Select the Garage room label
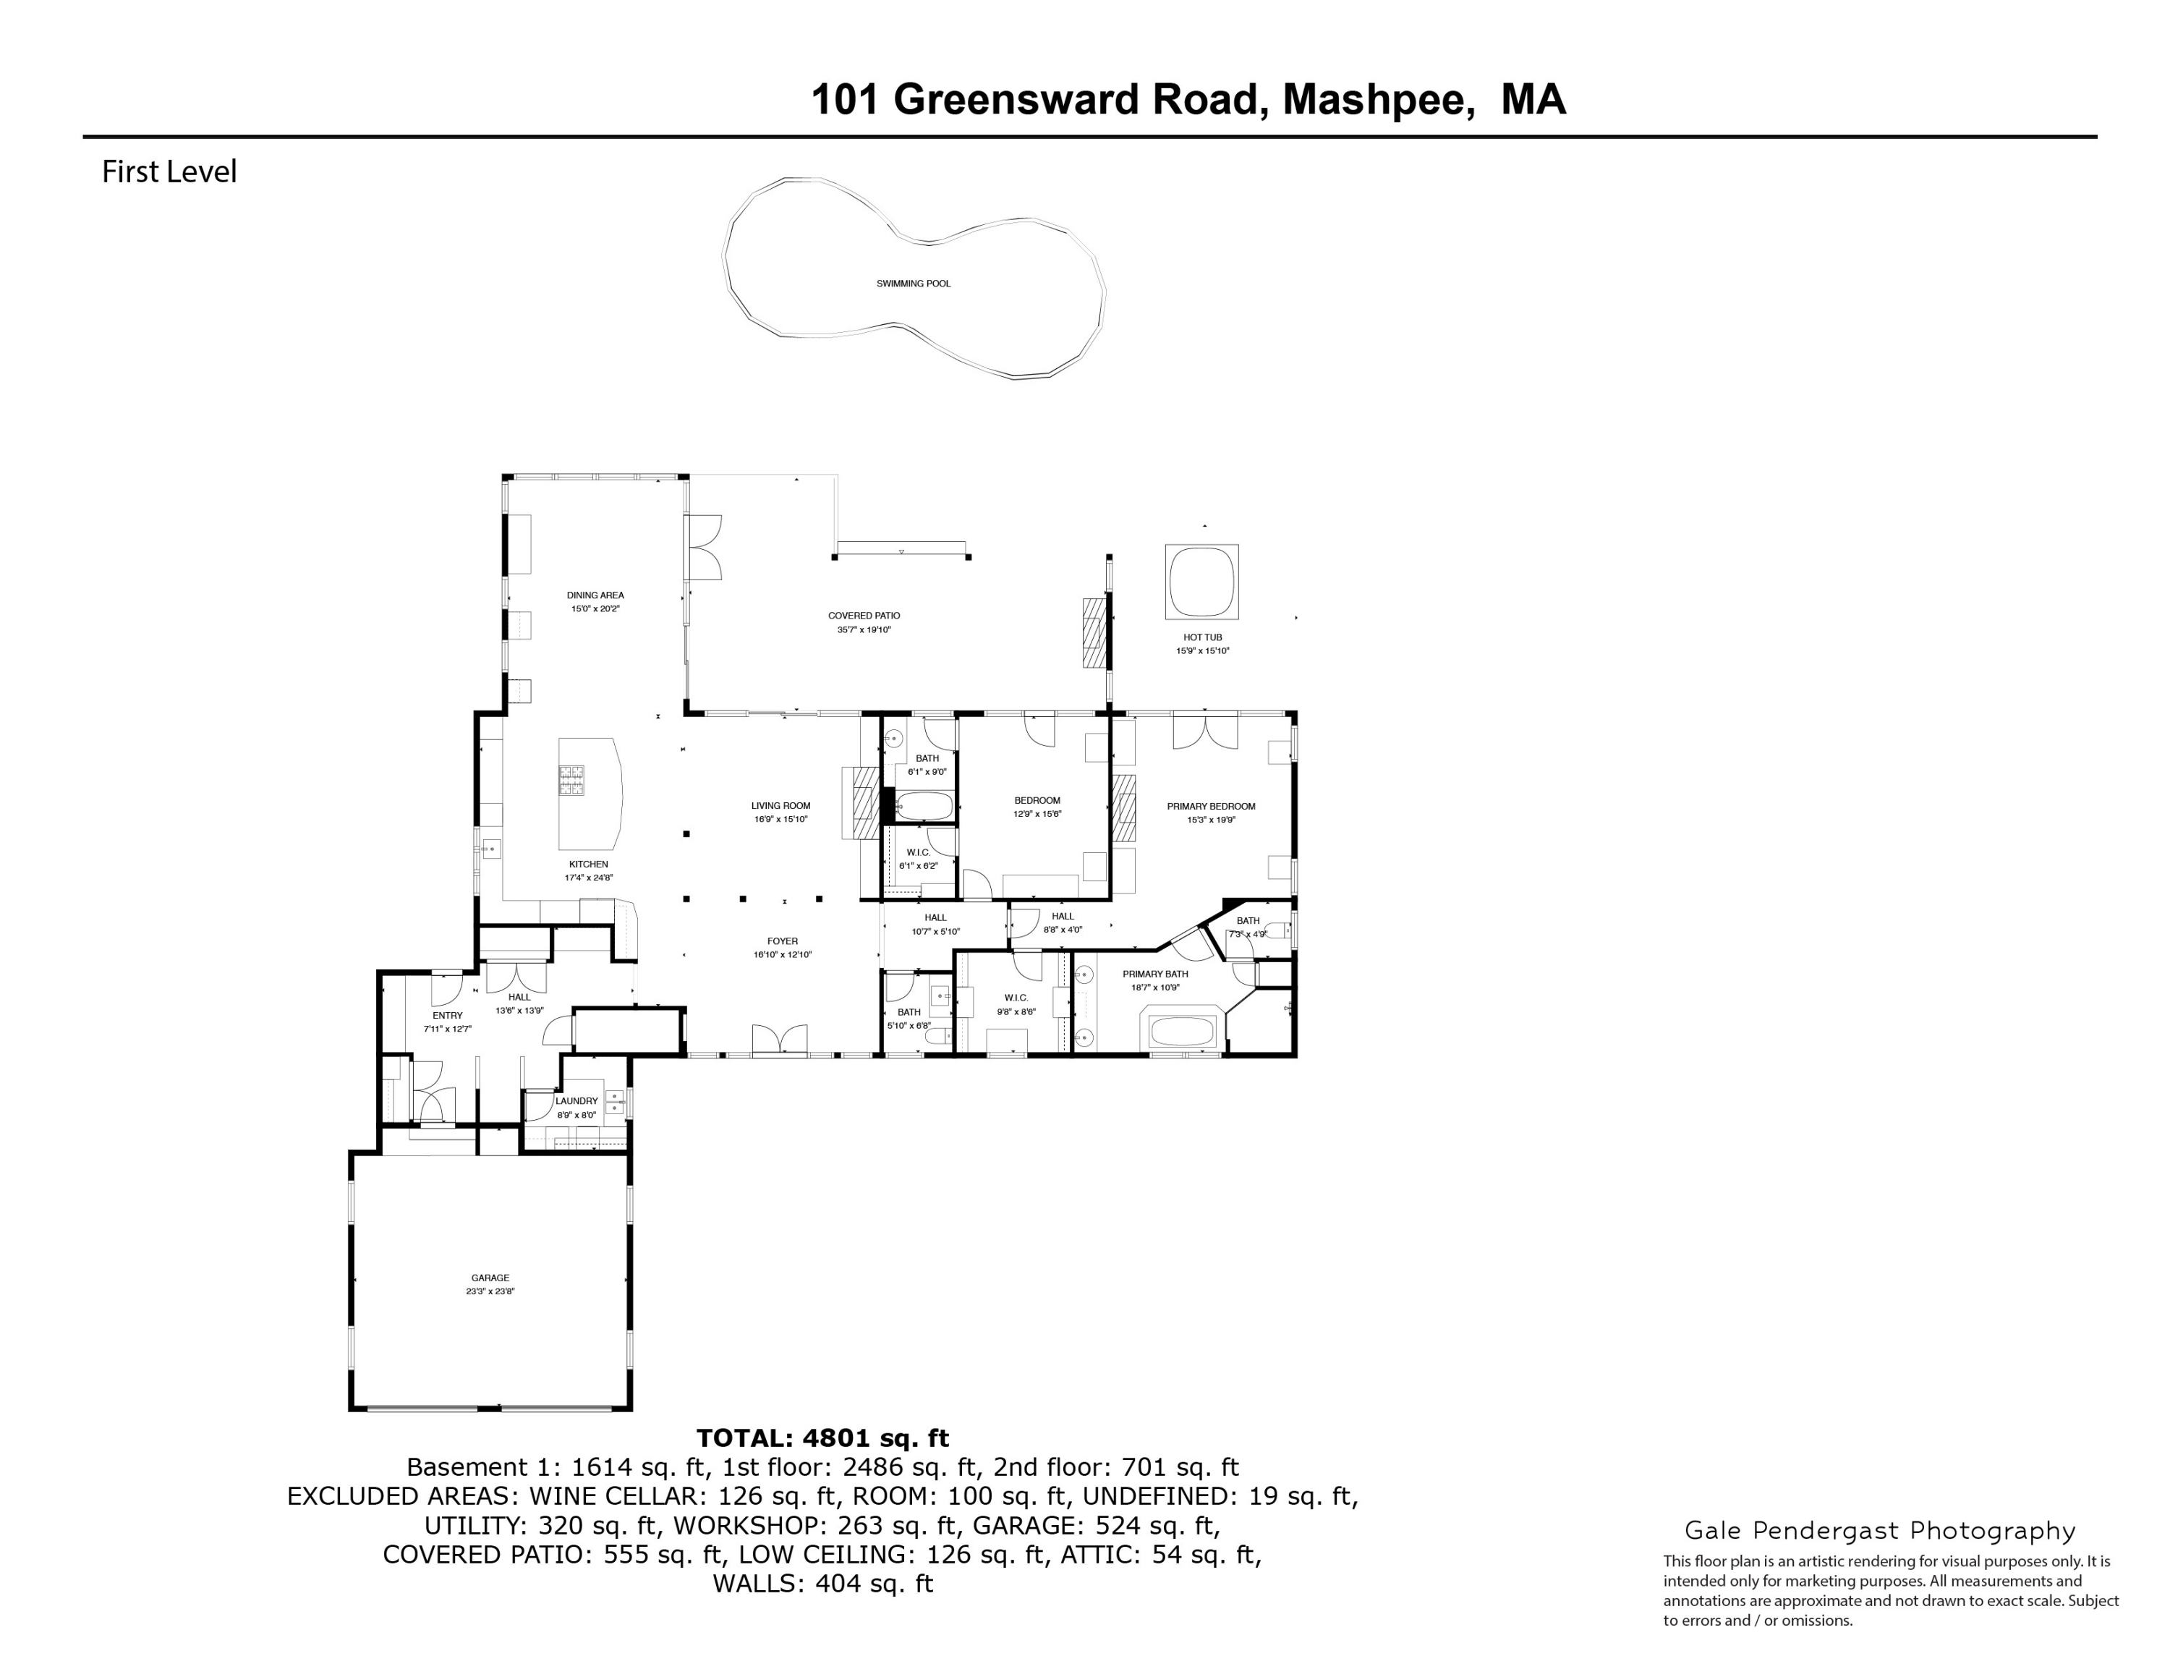490,1278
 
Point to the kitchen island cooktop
571,780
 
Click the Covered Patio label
864,616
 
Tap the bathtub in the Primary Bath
1183,1030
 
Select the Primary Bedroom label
1210,807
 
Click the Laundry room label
576,1101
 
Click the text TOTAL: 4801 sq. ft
822,1438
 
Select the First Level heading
169,172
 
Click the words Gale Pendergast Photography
1880,1531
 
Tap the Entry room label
447,1015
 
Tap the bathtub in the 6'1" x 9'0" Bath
925,806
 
